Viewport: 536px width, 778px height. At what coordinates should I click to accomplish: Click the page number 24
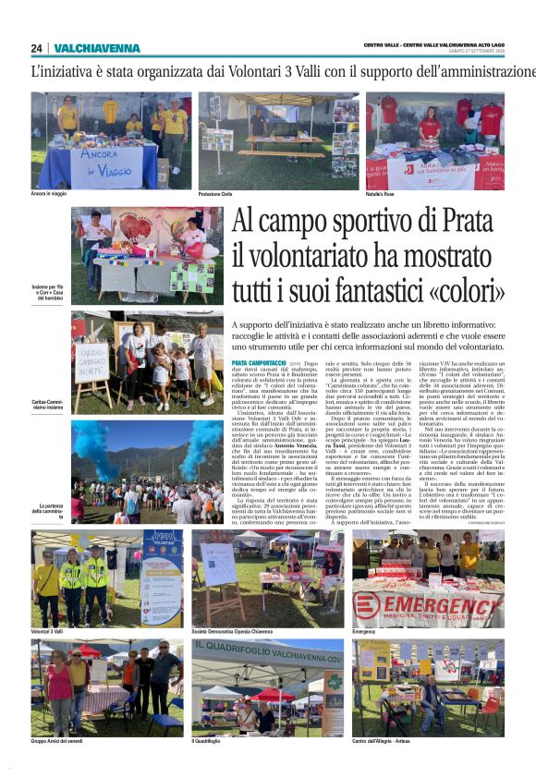click(36, 48)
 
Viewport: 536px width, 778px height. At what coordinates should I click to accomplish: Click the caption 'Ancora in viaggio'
click(54, 194)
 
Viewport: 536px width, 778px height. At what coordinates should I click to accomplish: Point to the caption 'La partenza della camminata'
click(52, 508)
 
